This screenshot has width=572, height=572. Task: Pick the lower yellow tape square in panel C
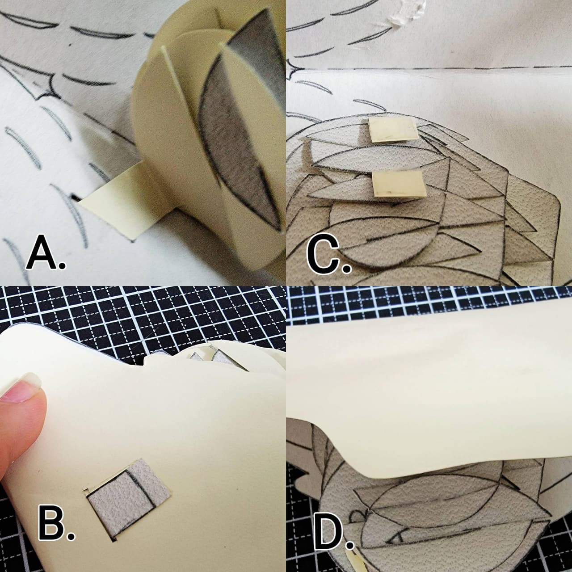point(399,184)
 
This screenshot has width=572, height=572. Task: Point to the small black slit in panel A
point(75,197)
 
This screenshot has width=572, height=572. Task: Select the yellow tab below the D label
point(355,561)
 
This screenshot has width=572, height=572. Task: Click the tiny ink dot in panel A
point(70,45)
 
